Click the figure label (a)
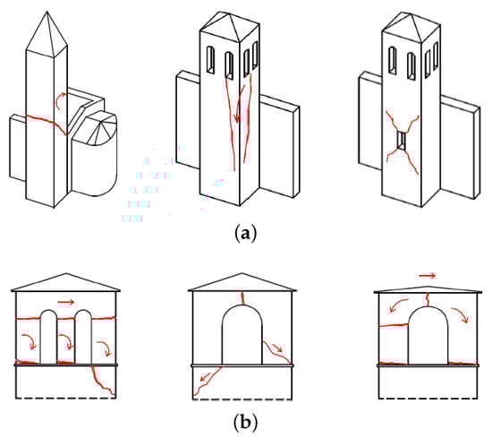[x=245, y=234]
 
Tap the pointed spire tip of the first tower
[x=47, y=12]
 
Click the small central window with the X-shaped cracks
[x=401, y=141]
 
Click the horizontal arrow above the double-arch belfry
[x=66, y=302]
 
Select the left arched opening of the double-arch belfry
[x=48, y=337]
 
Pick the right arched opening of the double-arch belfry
[x=83, y=337]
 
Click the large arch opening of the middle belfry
[x=242, y=335]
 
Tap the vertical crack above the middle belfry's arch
[x=242, y=298]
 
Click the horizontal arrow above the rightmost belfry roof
[x=428, y=276]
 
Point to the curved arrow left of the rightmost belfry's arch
[x=398, y=305]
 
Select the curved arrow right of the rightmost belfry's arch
[x=461, y=314]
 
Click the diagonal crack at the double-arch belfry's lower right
[x=102, y=381]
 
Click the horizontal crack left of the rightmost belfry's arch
[x=394, y=325]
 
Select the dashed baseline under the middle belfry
[x=242, y=399]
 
